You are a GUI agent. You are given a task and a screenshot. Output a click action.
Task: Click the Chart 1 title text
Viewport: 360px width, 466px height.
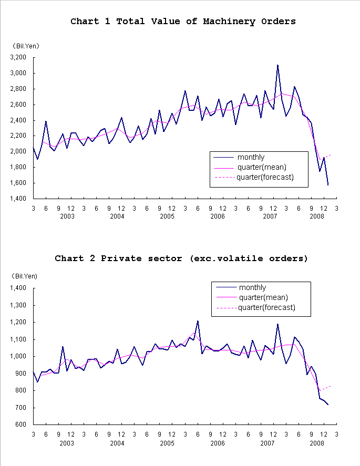click(183, 22)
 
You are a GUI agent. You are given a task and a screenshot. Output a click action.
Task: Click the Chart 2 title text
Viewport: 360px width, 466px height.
click(181, 258)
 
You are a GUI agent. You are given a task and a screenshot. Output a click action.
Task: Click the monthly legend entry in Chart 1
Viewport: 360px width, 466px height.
click(251, 157)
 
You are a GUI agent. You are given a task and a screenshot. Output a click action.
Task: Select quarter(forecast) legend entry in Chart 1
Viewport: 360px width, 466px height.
click(264, 177)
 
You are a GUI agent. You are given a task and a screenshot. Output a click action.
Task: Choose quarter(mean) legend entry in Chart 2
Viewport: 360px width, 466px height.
click(263, 297)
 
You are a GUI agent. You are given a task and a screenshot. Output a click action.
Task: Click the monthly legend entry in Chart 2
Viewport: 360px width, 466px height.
click(252, 287)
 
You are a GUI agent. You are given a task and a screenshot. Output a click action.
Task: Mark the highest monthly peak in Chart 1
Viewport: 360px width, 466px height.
click(277, 65)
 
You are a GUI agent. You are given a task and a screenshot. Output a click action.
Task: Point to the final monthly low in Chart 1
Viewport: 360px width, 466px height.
click(328, 185)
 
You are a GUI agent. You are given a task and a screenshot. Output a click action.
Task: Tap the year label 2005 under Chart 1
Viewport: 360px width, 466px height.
click(167, 216)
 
